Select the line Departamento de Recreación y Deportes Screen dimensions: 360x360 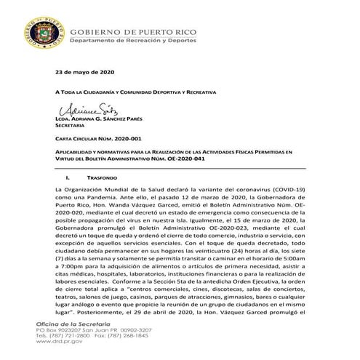tap(137, 41)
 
